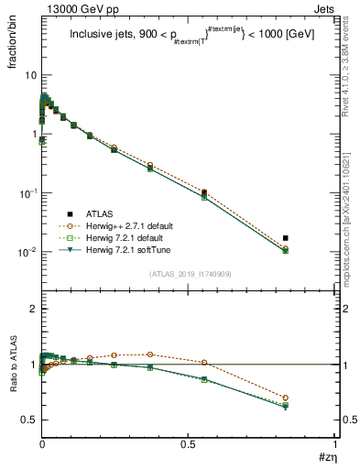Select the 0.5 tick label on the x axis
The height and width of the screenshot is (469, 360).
click(x=189, y=443)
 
